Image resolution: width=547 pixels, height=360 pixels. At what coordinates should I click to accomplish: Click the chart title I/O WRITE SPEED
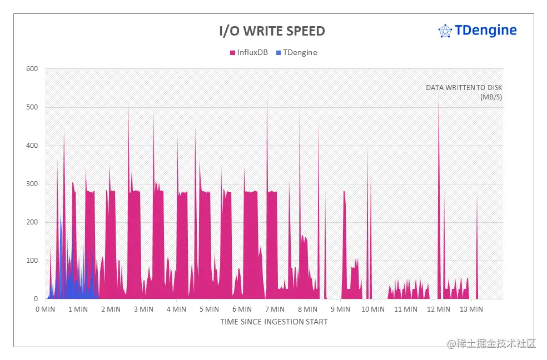272,31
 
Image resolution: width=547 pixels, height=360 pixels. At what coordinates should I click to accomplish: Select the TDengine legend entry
300,52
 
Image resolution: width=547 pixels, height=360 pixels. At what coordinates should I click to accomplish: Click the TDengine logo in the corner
478,31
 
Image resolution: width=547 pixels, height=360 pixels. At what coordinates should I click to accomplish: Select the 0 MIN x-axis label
45,309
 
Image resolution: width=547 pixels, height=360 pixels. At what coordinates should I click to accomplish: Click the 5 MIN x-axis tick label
209,309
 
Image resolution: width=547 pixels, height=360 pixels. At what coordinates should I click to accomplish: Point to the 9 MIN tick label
340,309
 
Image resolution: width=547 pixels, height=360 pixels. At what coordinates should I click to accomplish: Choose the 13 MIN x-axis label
471,309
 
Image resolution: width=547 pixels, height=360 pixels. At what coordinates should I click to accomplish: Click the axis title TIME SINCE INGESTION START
273,322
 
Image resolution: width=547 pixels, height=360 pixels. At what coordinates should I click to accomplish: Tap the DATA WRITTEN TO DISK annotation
464,88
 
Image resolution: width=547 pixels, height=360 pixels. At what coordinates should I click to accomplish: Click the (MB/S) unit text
491,97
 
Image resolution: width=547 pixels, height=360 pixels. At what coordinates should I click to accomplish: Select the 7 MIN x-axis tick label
275,309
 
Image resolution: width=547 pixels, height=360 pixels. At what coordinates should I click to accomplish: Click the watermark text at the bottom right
491,343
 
